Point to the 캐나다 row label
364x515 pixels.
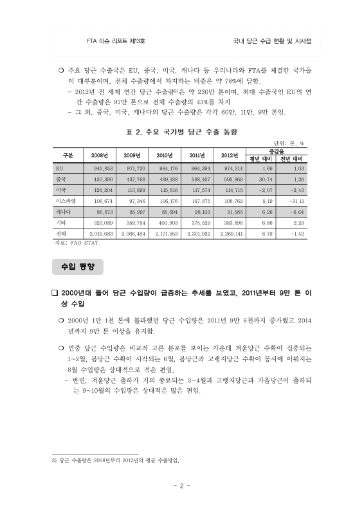click(x=63, y=211)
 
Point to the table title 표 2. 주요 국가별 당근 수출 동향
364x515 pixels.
click(x=182, y=131)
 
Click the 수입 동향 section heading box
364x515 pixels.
click(x=77, y=265)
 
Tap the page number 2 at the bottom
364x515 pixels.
click(x=182, y=486)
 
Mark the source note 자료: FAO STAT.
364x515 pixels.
click(x=76, y=243)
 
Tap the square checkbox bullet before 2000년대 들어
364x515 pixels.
click(x=55, y=292)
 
